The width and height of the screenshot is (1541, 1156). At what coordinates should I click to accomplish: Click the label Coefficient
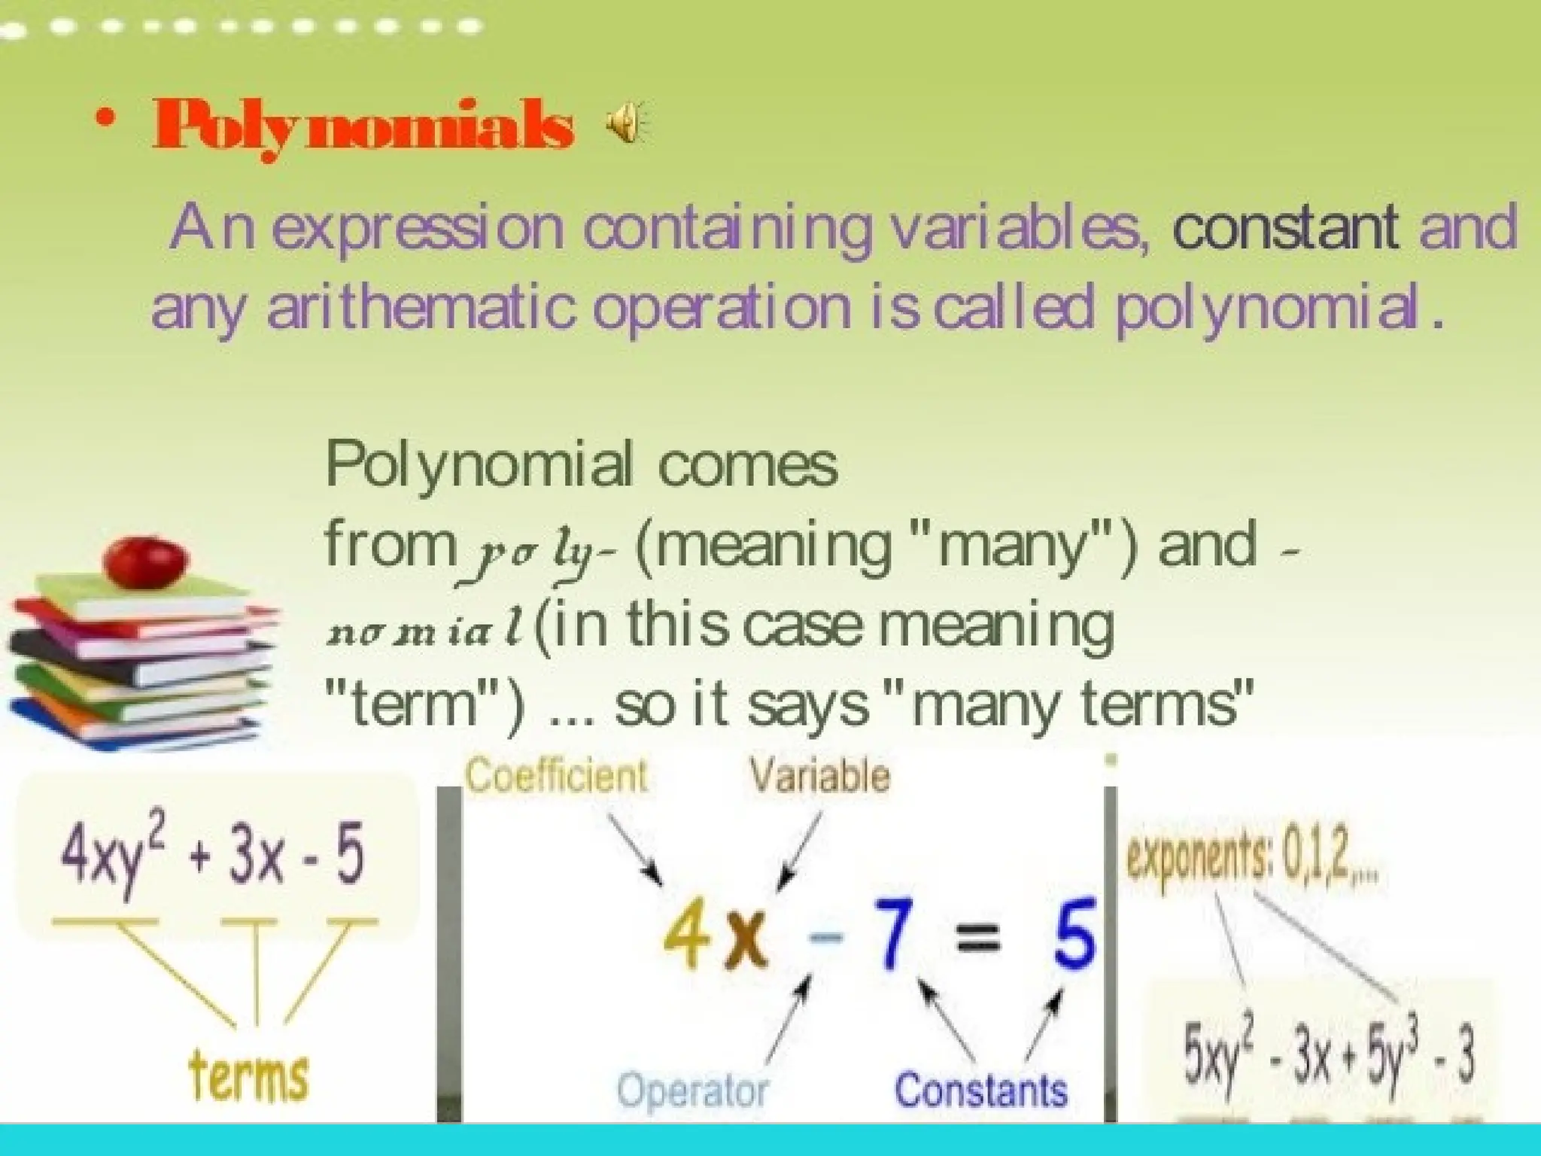click(556, 775)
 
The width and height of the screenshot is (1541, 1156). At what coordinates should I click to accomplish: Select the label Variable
click(819, 775)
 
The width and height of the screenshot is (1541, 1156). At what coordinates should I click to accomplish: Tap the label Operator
click(692, 1091)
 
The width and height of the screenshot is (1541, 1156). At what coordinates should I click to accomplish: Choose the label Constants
click(980, 1091)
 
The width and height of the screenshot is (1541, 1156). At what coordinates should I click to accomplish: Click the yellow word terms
click(248, 1076)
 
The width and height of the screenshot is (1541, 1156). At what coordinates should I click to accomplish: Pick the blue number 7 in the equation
click(892, 938)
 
